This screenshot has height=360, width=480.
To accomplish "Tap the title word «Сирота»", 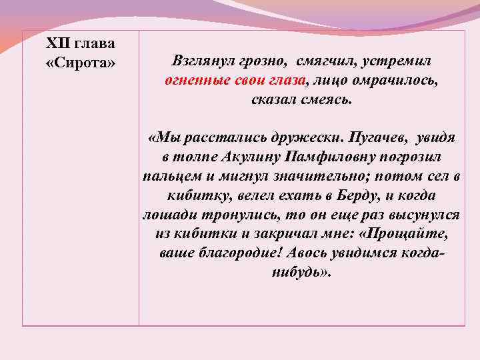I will tap(81, 63).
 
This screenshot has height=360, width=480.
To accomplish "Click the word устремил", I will tap(400, 61).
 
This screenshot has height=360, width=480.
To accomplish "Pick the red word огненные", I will tap(193, 81).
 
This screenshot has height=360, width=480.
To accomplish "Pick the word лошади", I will tap(166, 216).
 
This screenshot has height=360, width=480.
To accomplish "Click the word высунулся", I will tap(424, 216).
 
